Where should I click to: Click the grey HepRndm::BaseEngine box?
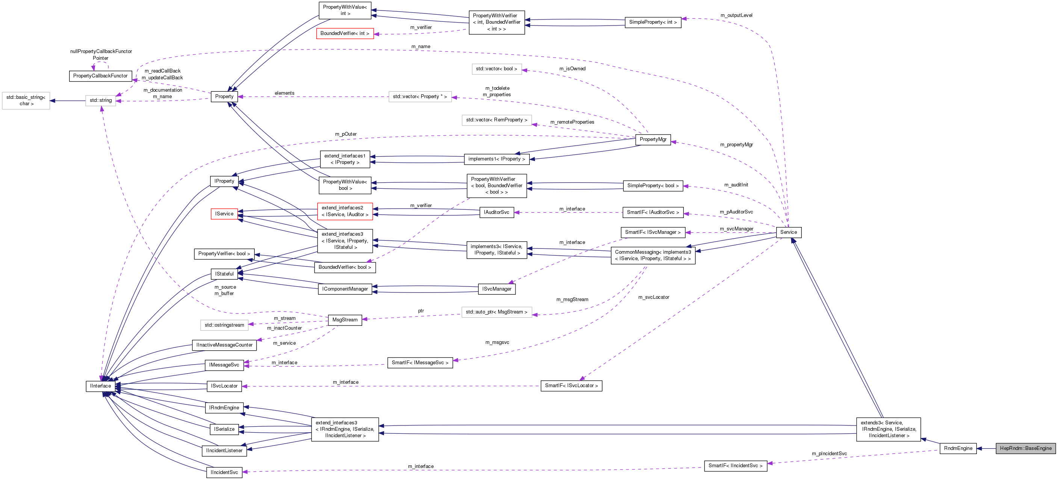point(1026,448)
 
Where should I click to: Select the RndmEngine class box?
point(958,448)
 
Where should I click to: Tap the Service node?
point(788,232)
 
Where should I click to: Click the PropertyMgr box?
point(653,139)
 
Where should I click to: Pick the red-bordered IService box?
point(224,214)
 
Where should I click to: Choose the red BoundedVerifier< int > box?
point(345,33)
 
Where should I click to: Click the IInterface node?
point(101,386)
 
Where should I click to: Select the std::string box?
point(101,100)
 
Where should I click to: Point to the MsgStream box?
point(345,320)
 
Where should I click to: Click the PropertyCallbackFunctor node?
point(100,76)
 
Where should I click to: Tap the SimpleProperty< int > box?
point(653,22)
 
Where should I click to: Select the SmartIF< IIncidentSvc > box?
point(735,466)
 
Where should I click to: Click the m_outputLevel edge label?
point(736,15)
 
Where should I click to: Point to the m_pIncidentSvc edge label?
point(829,453)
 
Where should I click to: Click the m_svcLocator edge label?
point(653,297)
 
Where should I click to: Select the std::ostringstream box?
point(224,325)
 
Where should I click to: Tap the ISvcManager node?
point(497,289)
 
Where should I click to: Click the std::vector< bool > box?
point(497,69)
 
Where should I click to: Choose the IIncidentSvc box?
point(224,472)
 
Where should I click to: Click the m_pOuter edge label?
point(345,134)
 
